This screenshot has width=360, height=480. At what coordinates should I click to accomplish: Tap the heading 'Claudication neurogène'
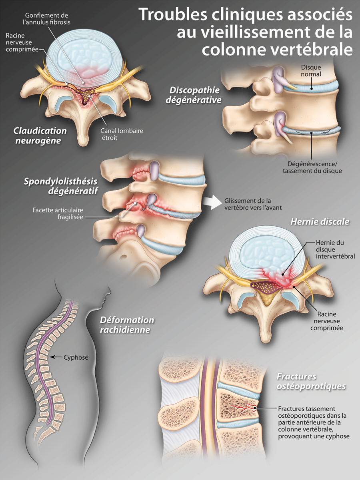(40, 135)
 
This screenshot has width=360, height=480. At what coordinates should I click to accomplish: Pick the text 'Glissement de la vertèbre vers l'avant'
(248, 204)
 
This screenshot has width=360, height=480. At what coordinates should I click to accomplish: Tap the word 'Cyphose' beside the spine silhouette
(76, 357)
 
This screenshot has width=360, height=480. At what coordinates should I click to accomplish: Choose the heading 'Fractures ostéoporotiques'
(311, 381)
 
